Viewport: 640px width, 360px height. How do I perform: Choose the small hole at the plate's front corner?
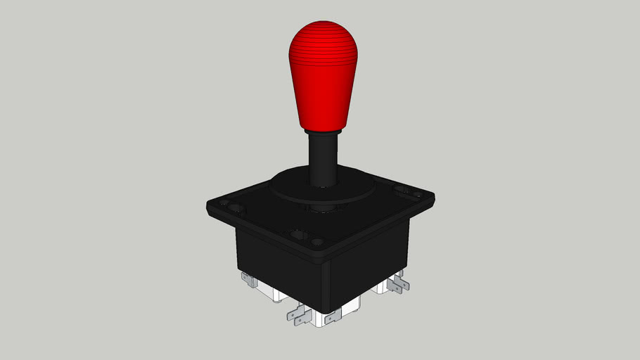click(318, 243)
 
